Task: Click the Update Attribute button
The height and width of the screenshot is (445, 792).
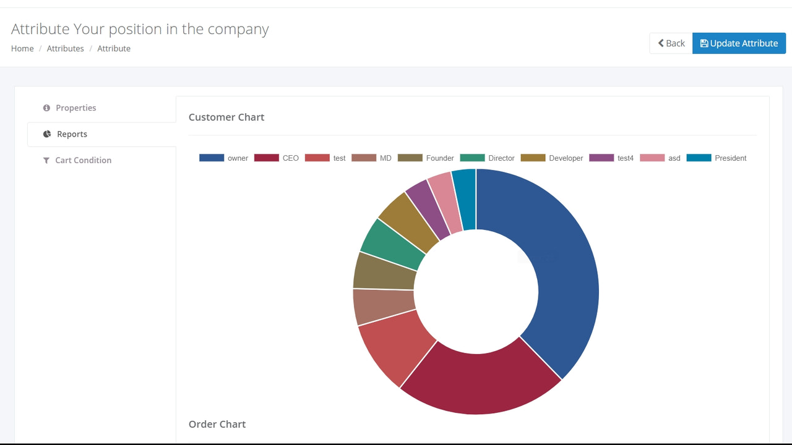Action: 739,43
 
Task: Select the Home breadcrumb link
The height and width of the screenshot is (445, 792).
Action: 22,48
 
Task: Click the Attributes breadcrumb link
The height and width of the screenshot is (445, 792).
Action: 65,48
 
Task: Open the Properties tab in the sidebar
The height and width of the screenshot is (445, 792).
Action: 75,108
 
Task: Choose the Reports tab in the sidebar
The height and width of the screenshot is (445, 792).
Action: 72,134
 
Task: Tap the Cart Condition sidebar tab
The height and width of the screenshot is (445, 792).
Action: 83,160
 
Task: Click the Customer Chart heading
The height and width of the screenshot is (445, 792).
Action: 226,117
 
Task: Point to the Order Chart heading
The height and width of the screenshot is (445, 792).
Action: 217,424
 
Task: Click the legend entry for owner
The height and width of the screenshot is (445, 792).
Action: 224,158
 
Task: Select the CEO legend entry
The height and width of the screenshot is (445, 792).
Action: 277,158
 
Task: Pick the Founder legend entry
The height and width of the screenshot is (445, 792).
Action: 426,158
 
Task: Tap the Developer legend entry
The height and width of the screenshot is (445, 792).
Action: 552,158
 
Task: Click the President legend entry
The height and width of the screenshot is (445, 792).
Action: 717,158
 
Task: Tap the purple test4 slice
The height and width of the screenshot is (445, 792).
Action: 427,210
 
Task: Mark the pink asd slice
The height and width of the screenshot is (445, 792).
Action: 446,202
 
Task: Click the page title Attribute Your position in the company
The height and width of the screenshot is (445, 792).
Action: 140,29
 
